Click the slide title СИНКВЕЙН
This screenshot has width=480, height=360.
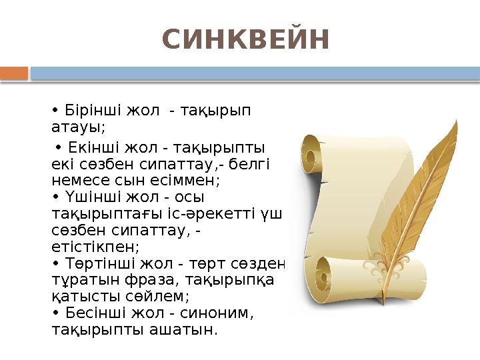pyautogui.click(x=246, y=40)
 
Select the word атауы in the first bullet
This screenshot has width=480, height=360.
pyautogui.click(x=77, y=126)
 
